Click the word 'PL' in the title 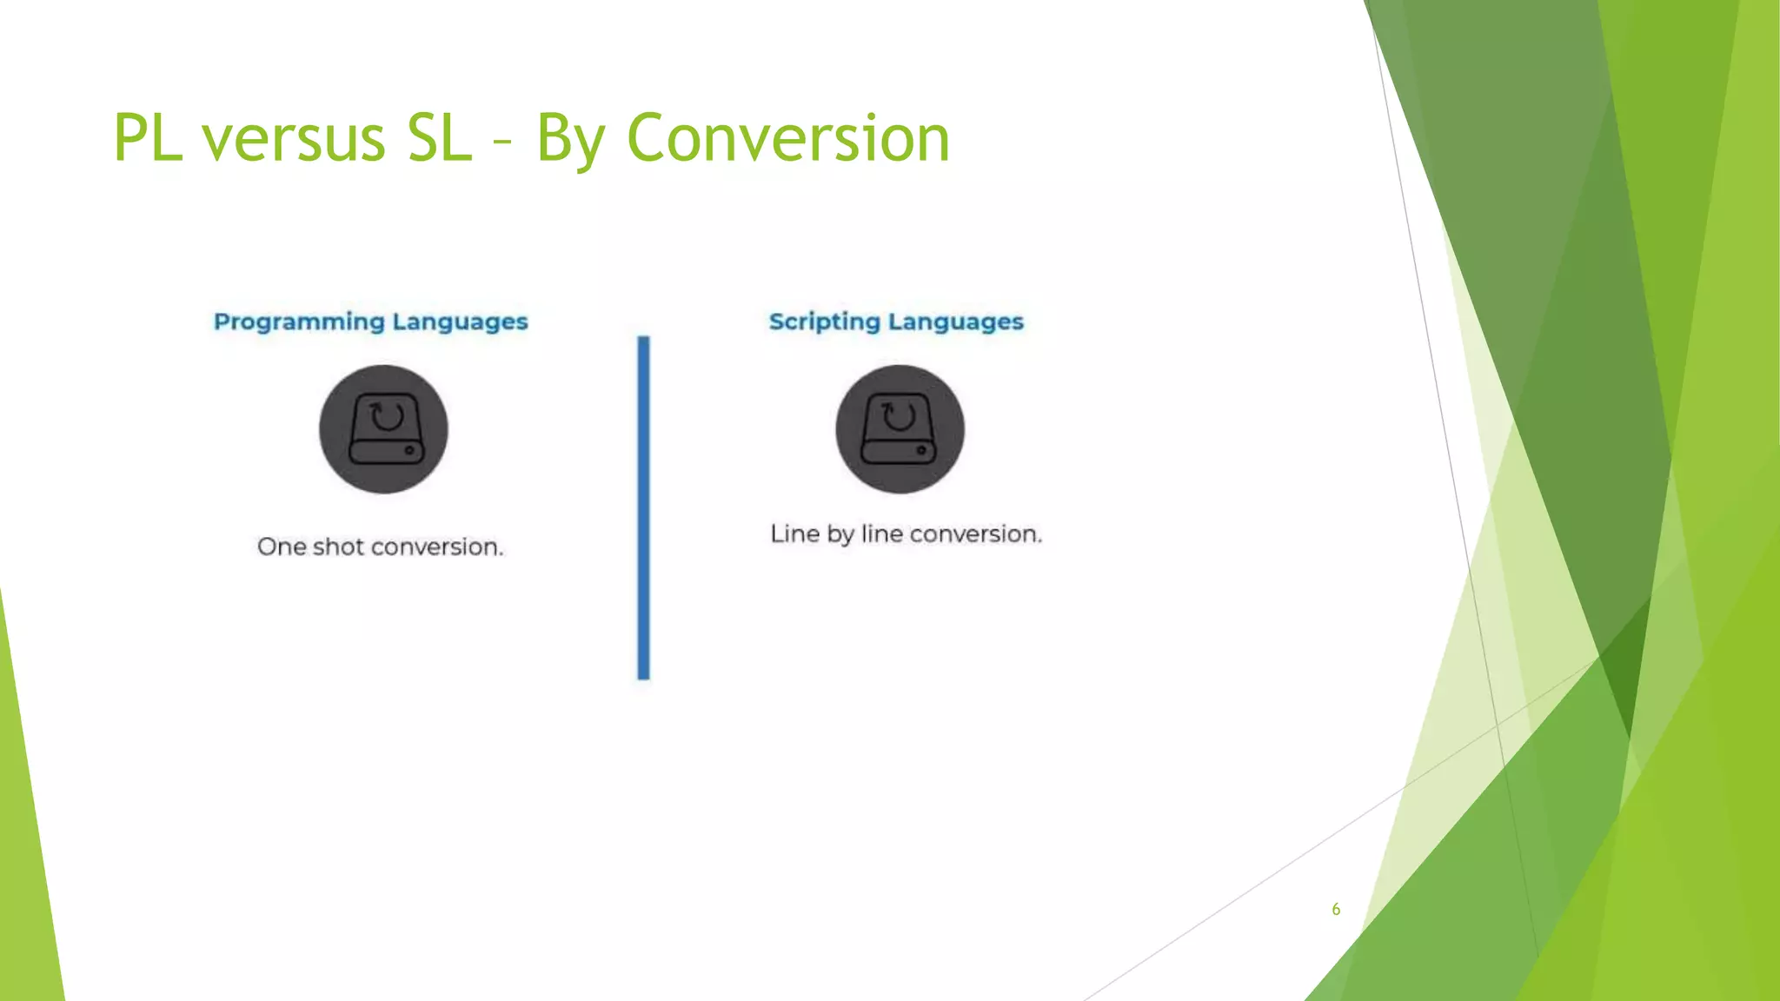[x=148, y=138]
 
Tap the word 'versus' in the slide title [x=294, y=138]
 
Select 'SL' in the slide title [x=440, y=138]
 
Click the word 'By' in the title [x=571, y=138]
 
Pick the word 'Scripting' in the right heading [x=824, y=322]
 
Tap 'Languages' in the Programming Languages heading [x=460, y=322]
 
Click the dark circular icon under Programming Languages [x=383, y=429]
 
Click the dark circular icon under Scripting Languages [x=900, y=429]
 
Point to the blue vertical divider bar [x=643, y=507]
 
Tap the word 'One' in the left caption [x=281, y=547]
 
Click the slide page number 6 [x=1336, y=909]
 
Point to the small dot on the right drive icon [x=921, y=451]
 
